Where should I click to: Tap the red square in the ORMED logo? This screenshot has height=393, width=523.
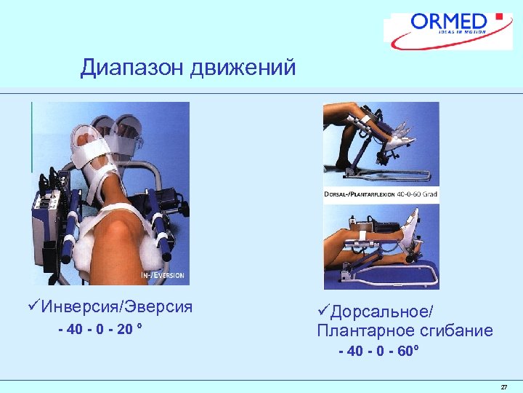tap(499, 15)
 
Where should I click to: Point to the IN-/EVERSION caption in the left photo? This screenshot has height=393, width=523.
tap(163, 276)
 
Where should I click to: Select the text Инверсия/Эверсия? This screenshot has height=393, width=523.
tap(117, 306)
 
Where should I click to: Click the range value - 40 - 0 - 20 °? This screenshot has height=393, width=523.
tap(100, 330)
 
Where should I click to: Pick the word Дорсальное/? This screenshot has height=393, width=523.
tap(382, 311)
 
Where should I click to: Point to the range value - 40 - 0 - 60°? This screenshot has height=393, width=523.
tap(378, 352)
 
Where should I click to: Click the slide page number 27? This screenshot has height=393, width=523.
tap(504, 387)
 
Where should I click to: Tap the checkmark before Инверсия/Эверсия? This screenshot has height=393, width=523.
tap(35, 306)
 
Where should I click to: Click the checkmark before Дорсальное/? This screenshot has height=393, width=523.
tap(323, 311)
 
